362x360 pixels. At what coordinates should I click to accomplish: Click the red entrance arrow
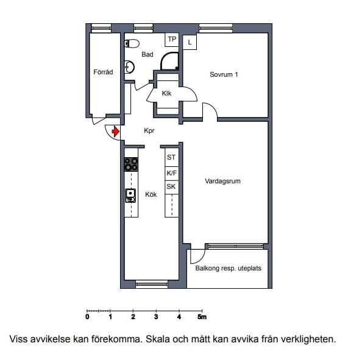[x=116, y=132]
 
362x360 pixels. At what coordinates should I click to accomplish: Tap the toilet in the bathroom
[x=132, y=43]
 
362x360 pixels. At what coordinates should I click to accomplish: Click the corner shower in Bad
[x=169, y=61]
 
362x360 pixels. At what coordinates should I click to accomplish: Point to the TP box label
[x=172, y=39]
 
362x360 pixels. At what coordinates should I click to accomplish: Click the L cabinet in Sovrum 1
[x=190, y=42]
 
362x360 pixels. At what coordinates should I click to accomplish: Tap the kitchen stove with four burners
[x=131, y=164]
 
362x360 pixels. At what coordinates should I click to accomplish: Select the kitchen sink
[x=130, y=196]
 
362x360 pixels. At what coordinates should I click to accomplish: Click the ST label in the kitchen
[x=171, y=157]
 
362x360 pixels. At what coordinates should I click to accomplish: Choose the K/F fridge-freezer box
[x=172, y=174]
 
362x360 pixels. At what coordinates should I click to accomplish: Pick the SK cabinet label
[x=171, y=186]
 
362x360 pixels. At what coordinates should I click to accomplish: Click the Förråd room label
[x=103, y=72]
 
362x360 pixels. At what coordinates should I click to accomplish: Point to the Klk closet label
[x=166, y=93]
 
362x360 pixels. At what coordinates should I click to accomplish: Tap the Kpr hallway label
[x=149, y=130]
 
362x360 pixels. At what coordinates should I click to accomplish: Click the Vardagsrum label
[x=222, y=181]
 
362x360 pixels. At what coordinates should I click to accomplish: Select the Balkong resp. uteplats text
[x=228, y=268]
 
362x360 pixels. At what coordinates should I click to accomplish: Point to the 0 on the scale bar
[x=87, y=317]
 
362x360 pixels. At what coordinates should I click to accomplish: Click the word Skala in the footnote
[x=158, y=339]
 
